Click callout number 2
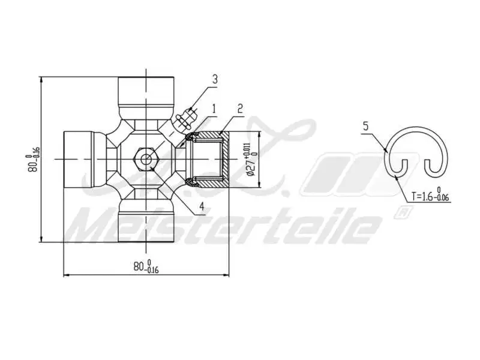(x=239, y=109)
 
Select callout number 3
(x=214, y=79)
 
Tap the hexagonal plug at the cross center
(x=146, y=159)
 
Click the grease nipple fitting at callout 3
(x=186, y=117)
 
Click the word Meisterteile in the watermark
(x=222, y=227)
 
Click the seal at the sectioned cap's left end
(x=189, y=159)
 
